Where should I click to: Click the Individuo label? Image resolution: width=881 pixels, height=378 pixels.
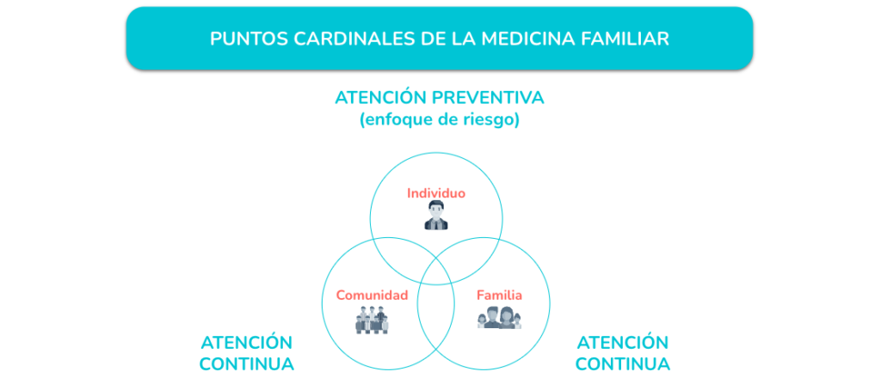pyautogui.click(x=436, y=193)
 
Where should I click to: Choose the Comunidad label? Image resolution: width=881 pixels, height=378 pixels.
pyautogui.click(x=372, y=295)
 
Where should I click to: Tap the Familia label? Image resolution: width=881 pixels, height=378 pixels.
pyautogui.click(x=500, y=295)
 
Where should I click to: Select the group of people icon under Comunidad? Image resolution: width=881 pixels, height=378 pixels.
pyautogui.click(x=372, y=320)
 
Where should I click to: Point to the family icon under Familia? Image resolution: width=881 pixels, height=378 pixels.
pyautogui.click(x=500, y=318)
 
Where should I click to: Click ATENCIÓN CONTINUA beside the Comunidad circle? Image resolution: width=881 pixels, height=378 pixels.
pyautogui.click(x=247, y=353)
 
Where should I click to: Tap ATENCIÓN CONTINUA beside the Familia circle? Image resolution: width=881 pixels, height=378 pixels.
pyautogui.click(x=623, y=353)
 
